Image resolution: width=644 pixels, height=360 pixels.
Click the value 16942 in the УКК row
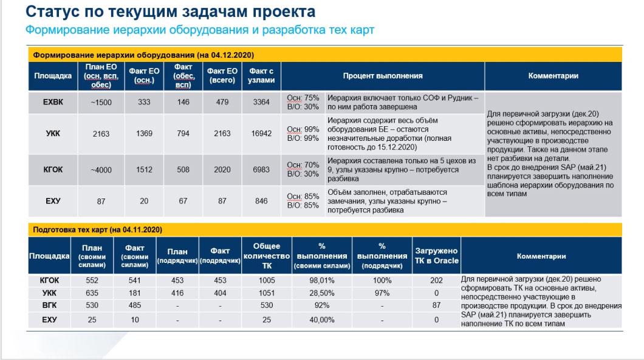tap(261, 134)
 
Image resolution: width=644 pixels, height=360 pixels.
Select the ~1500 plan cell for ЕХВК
tap(101, 102)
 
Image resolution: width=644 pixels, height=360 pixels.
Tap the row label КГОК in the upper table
tap(53, 170)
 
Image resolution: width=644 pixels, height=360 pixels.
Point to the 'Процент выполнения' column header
tap(382, 76)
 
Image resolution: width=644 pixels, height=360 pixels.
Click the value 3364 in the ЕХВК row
tap(261, 102)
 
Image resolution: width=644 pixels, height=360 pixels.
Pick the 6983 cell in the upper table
tap(261, 170)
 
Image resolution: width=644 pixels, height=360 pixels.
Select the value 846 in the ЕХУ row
tap(261, 201)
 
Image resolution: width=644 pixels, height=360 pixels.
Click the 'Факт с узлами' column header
tap(261, 76)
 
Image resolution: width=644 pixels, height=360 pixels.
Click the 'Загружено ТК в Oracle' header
tap(436, 256)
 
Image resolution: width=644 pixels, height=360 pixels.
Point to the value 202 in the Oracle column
tap(436, 280)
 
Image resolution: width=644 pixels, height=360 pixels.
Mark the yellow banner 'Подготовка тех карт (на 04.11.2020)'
tap(97, 230)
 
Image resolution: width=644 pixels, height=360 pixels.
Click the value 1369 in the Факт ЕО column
tap(144, 134)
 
